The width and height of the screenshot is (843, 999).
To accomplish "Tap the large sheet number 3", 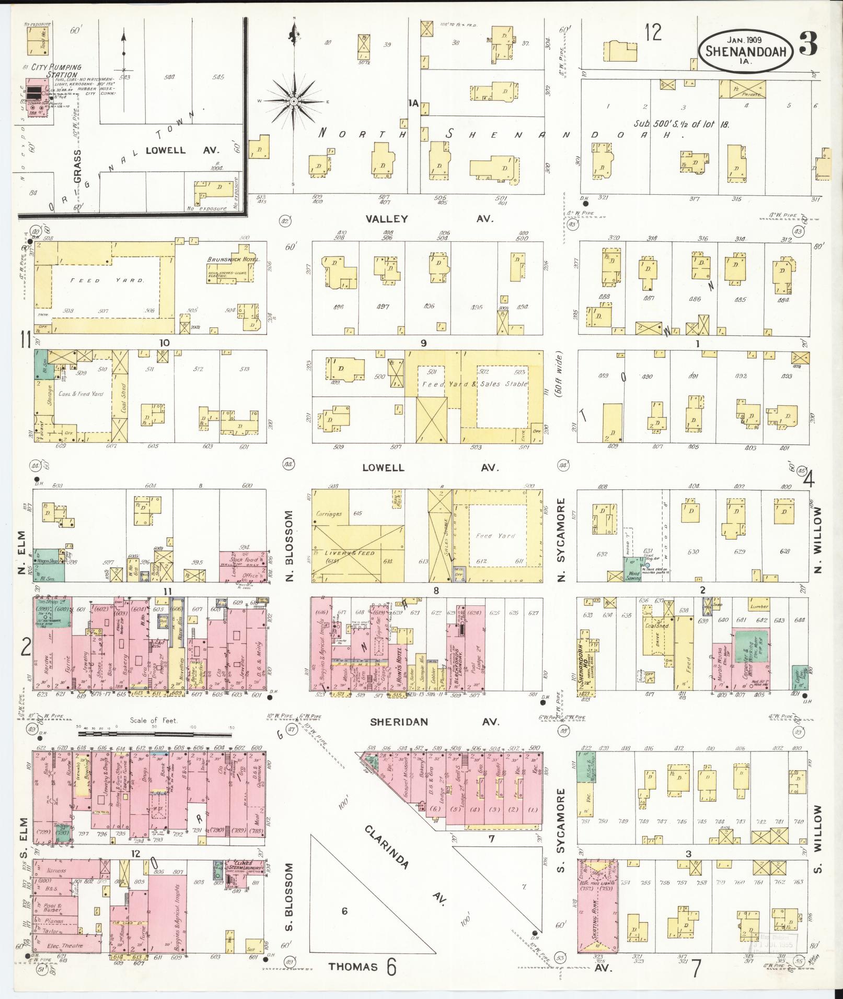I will pos(809,45).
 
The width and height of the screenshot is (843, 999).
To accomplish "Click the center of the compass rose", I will pos(294,100).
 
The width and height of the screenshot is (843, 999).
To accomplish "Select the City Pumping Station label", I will pos(56,70).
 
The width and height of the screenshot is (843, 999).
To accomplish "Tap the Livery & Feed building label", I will pos(347,552).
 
